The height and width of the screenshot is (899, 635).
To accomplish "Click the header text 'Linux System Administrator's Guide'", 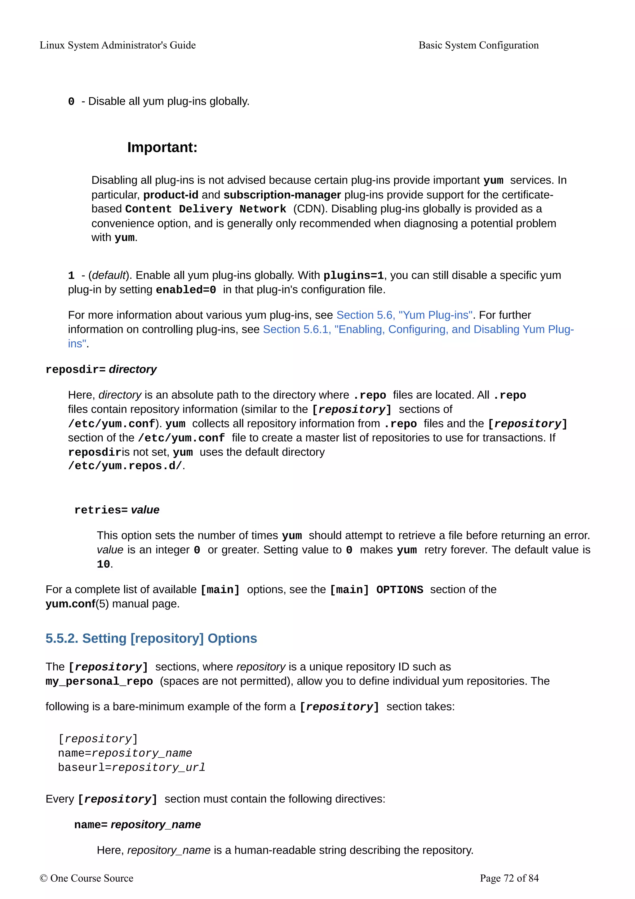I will tap(118, 45).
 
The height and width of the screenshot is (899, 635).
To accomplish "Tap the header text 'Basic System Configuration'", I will tap(478, 45).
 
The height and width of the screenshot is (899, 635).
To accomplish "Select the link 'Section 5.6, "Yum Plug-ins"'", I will tap(404, 315).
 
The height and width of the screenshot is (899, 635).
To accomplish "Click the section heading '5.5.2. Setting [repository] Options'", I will tap(151, 639).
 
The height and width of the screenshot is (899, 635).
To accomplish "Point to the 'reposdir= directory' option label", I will tap(101, 370).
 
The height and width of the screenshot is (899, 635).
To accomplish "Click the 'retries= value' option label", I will tap(117, 510).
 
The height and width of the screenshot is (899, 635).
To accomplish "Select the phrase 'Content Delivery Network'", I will tap(206, 209).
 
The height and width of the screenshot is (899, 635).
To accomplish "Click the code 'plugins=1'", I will tap(353, 276).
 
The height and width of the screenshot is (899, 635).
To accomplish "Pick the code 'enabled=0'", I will tap(186, 290).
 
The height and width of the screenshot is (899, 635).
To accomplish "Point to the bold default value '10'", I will tap(103, 564).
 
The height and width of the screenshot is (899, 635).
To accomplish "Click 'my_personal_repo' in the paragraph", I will tap(99, 682).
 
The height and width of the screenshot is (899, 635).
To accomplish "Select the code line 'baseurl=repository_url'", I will tap(131, 767).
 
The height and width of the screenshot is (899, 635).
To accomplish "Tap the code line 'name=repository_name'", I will tap(125, 753).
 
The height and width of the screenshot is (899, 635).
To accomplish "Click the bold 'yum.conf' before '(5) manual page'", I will tap(70, 604).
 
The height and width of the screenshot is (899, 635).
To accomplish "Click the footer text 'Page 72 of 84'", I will tap(509, 878).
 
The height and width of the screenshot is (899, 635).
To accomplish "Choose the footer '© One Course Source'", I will tap(87, 878).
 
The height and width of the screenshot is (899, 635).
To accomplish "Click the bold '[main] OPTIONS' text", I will tap(376, 590).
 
